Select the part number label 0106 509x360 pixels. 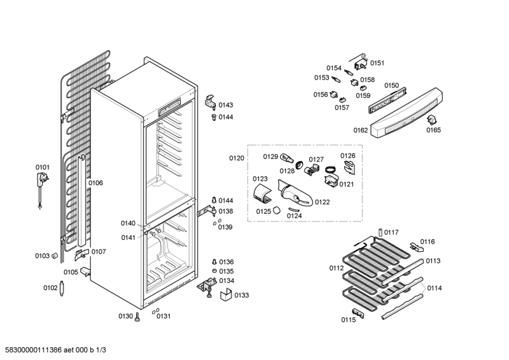point(95,183)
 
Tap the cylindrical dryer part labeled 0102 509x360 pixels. point(64,287)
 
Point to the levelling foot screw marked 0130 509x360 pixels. point(137,317)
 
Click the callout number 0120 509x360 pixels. point(237,158)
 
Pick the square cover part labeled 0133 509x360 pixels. point(225,294)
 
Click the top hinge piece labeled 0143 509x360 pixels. point(210,102)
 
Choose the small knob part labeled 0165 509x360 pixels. point(433,121)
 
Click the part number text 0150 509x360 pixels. point(391,85)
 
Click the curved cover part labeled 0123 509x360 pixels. point(262,193)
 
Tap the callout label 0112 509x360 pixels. point(336,267)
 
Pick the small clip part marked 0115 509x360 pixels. point(360,311)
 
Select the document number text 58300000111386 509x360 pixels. point(35,350)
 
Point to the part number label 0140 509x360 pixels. point(128,223)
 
